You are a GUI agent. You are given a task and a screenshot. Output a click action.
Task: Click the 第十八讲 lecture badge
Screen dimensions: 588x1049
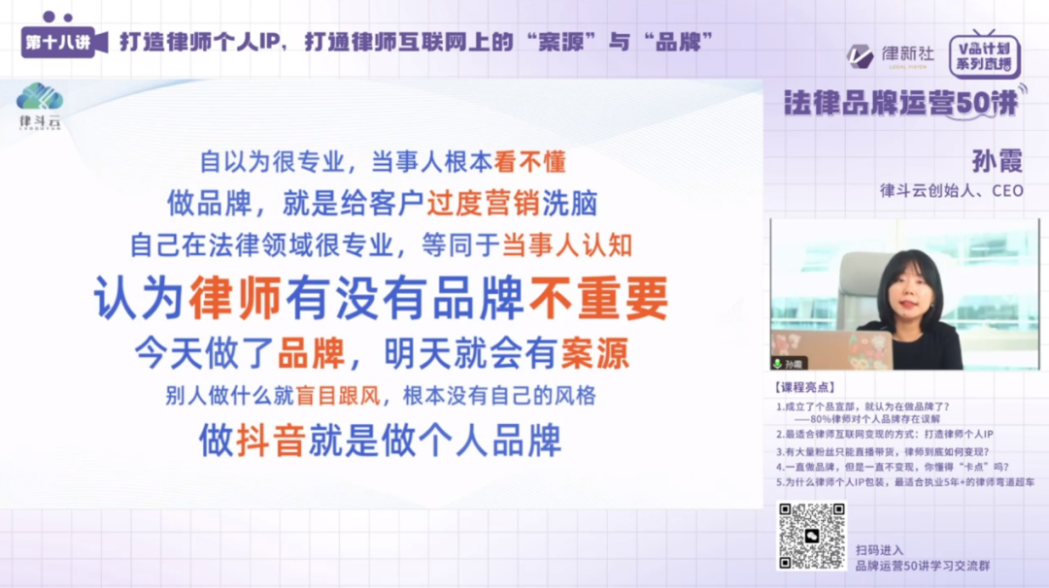[x=59, y=42]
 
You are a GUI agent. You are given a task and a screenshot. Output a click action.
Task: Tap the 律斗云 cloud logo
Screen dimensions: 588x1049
[x=40, y=100]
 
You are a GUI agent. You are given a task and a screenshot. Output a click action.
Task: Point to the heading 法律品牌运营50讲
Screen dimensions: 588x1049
[x=901, y=104]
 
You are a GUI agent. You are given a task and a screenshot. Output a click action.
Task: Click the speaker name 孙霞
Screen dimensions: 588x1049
[x=997, y=160]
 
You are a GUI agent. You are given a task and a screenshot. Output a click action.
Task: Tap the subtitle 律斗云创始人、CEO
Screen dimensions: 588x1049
[x=951, y=190]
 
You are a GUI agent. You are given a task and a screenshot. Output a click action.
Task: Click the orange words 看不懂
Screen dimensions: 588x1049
[x=529, y=161]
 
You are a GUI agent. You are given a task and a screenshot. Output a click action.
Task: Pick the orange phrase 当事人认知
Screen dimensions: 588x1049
[x=566, y=245]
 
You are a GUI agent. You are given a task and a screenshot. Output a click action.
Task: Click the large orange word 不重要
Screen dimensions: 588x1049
[x=598, y=298]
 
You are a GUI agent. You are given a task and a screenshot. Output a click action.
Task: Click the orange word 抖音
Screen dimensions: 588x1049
[x=271, y=440]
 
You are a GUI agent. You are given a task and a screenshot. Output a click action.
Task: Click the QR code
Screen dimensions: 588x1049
[x=811, y=536]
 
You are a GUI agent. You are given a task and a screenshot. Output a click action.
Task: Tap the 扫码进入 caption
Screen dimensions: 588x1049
[x=879, y=549]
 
